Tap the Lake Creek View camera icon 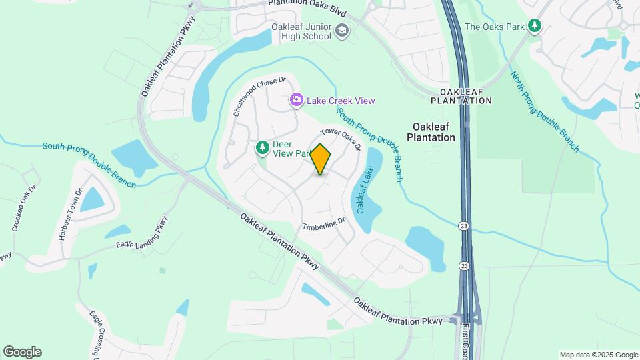[297, 100]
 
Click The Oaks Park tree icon [534, 26]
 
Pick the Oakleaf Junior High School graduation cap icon [342, 31]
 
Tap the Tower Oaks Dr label [341, 139]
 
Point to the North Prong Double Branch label [545, 111]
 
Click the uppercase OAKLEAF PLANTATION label [461, 95]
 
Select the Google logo [22, 352]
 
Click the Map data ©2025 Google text [599, 355]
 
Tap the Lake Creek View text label [341, 101]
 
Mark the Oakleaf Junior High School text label [301, 31]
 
